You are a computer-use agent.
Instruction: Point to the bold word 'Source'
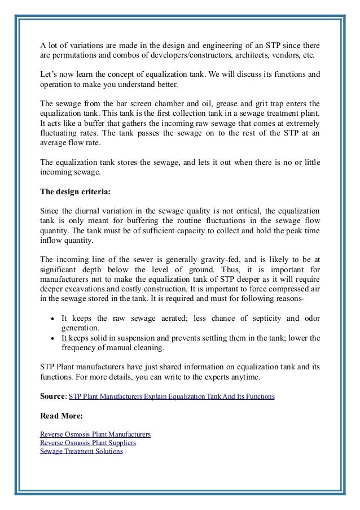point(52,397)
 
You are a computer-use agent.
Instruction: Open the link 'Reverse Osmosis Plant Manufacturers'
point(95,434)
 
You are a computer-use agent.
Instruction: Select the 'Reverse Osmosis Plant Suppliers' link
point(88,443)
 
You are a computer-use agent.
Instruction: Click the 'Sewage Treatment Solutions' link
point(81,451)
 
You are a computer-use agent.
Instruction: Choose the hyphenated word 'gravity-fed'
point(212,259)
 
